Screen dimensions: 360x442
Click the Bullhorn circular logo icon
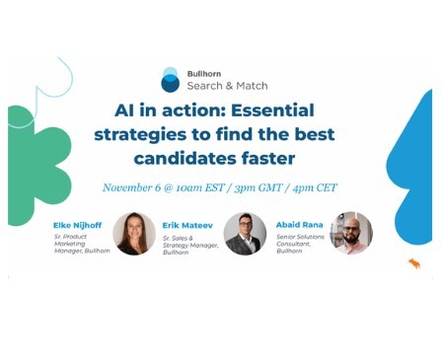[x=171, y=80]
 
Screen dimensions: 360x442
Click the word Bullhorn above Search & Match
[x=204, y=73]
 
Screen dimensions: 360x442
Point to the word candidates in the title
[x=186, y=158]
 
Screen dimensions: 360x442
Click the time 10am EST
[x=202, y=187]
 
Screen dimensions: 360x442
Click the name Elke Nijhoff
[x=78, y=225]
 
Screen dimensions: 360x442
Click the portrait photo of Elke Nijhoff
[x=133, y=234]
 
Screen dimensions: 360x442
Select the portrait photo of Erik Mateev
[x=244, y=234]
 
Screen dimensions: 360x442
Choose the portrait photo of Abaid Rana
[x=350, y=234]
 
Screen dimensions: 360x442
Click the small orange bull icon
[x=414, y=263]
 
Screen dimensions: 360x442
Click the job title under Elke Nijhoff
[x=81, y=245]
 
